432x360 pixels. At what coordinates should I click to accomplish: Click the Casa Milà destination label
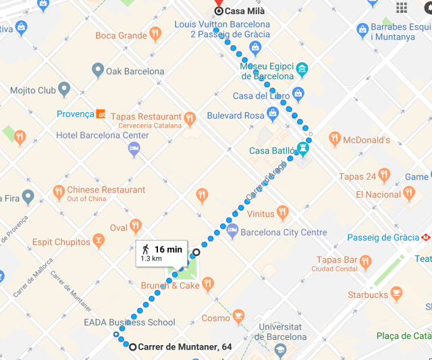pos(244,11)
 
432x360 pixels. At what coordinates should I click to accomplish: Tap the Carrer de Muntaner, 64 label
pos(185,347)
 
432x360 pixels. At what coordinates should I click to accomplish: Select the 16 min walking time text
pos(168,249)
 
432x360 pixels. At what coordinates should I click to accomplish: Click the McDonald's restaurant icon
pos(335,140)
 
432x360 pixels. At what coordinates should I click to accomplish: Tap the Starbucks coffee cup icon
pos(396,294)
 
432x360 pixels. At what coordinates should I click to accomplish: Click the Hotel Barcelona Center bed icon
pos(134,148)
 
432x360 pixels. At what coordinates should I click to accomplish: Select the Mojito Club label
pos(32,90)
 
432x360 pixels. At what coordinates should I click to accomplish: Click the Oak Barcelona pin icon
pos(98,70)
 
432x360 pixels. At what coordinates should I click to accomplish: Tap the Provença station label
pos(75,114)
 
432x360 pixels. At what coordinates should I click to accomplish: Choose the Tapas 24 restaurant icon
pos(384,176)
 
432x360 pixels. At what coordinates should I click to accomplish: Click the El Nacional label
pos(378,195)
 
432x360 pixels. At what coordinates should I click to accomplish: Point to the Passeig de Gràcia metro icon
pos(426,238)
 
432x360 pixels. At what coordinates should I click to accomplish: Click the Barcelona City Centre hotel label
pos(284,232)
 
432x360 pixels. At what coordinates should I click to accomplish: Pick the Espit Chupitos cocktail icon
pos(99,241)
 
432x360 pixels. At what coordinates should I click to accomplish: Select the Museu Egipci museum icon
pos(301,70)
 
